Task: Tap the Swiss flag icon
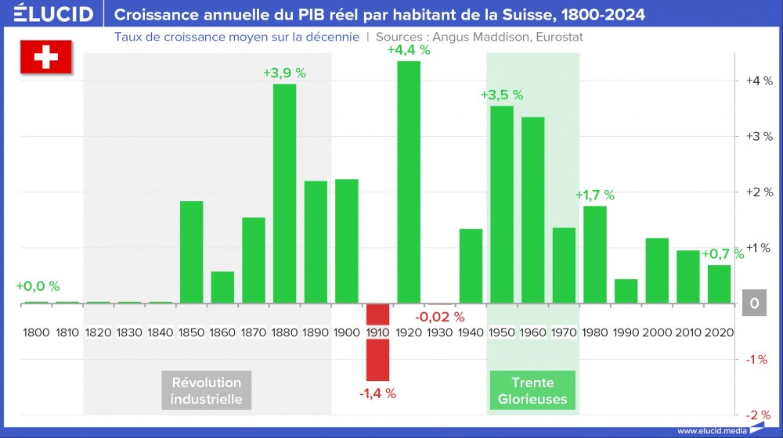coord(45,58)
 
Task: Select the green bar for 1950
coord(502,204)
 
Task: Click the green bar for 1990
coord(626,291)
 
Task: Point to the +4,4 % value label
coord(409,50)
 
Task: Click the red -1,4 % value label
coord(377,393)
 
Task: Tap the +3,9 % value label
coord(284,73)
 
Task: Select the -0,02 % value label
coord(440,317)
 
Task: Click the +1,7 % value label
coord(595,196)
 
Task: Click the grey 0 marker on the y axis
coord(752,303)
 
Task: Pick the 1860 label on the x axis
coord(222,332)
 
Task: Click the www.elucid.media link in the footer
coord(711,431)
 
